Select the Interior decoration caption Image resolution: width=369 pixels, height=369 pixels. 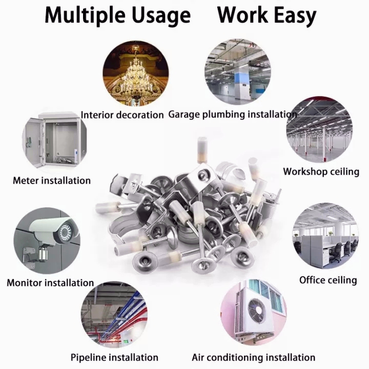pos(122,115)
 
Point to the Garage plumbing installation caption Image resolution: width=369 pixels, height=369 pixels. pos(232,114)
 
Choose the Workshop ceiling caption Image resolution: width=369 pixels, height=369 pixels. pos(321,171)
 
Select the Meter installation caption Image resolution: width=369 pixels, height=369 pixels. pos(51,180)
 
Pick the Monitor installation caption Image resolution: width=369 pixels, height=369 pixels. pos(50,282)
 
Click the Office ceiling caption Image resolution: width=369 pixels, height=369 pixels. pos(328,280)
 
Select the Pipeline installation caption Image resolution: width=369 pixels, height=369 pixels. pos(114,357)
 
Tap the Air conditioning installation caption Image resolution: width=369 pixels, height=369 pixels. pos(253,357)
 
